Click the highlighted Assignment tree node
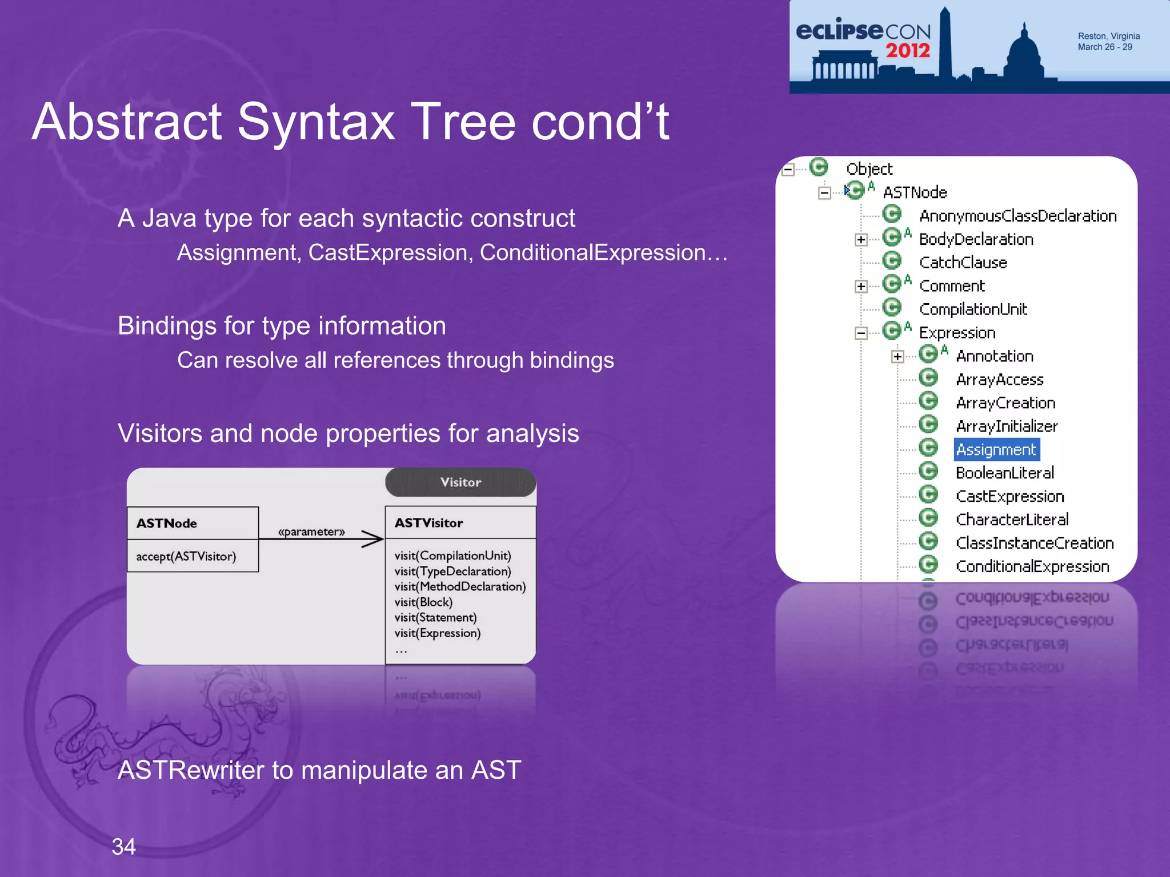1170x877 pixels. click(x=996, y=450)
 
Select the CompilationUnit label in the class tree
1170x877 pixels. click(x=972, y=309)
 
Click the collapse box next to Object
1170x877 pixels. click(x=788, y=170)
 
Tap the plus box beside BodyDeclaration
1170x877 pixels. click(x=861, y=240)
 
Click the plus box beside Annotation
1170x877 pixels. click(x=897, y=357)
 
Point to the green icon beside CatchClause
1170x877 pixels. click(x=891, y=261)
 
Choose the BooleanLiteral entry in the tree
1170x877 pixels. click(x=1004, y=473)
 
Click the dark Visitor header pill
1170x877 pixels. click(x=460, y=482)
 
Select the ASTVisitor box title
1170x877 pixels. click(x=428, y=523)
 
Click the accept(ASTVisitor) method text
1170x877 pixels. click(x=186, y=556)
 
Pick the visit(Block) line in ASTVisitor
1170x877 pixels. click(x=423, y=602)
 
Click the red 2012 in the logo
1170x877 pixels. click(x=908, y=51)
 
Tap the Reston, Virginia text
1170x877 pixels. click(x=1108, y=36)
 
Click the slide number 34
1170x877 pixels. click(x=123, y=847)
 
